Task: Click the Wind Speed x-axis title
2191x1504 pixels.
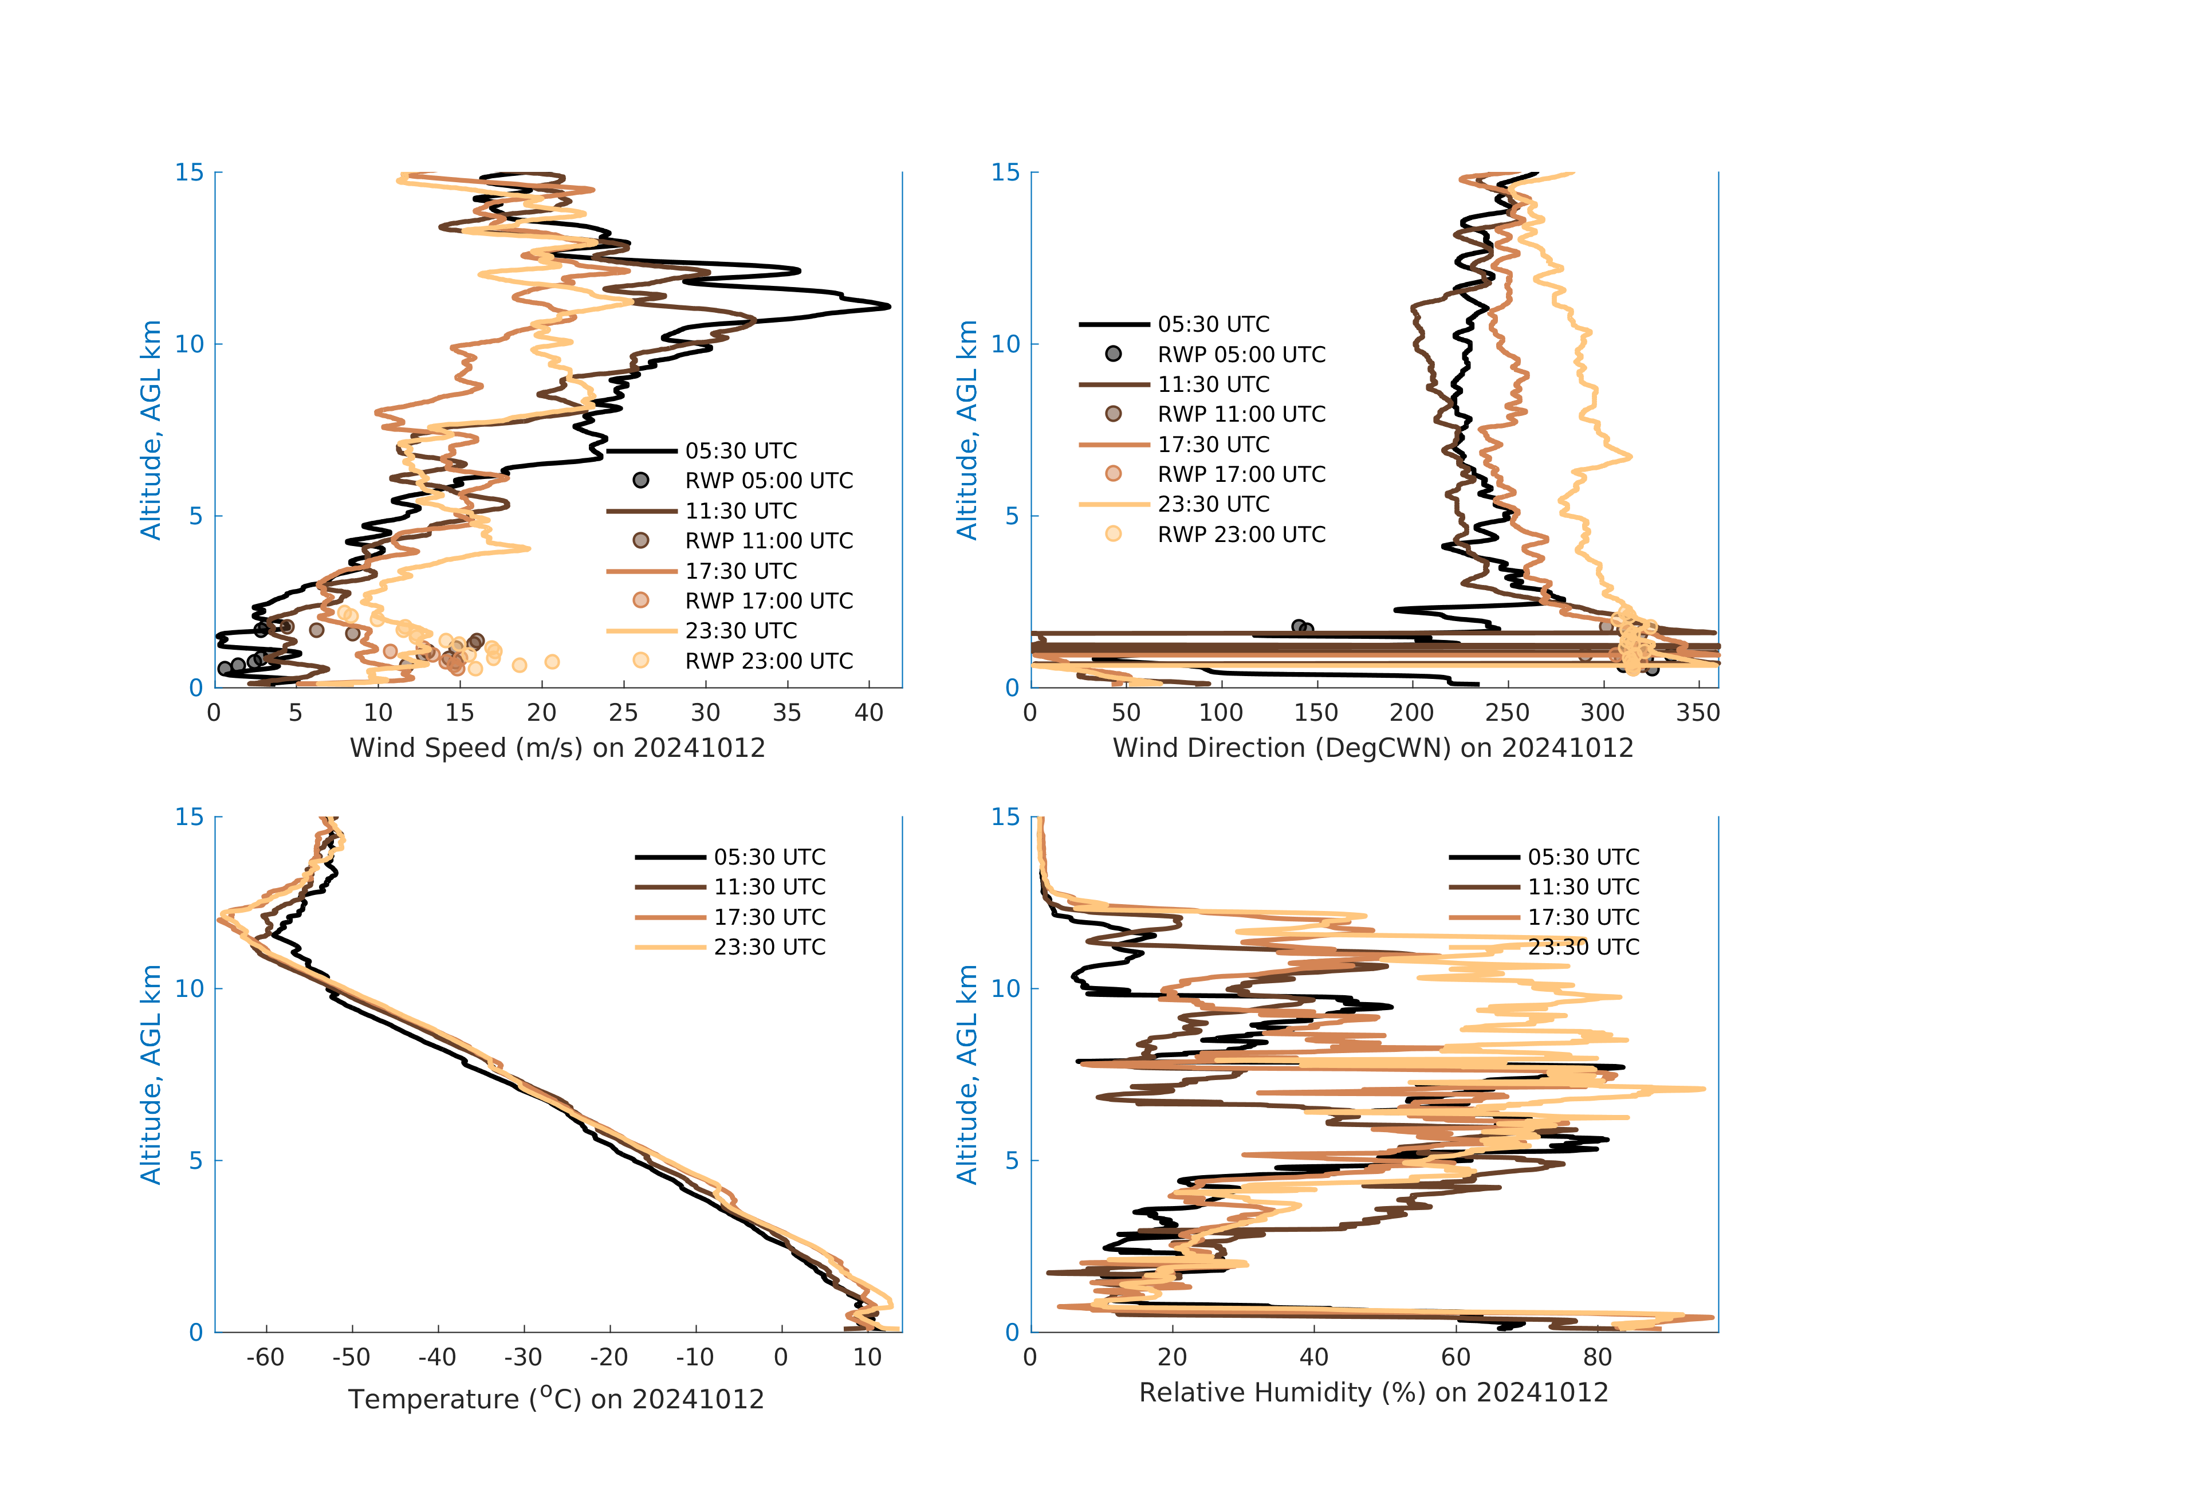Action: click(557, 748)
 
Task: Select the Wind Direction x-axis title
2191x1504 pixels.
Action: click(1372, 748)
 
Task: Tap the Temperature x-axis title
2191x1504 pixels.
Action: click(556, 1399)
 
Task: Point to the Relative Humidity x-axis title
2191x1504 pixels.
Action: click(1372, 1393)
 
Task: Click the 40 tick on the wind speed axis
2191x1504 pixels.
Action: click(868, 713)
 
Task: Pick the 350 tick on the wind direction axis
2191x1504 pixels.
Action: click(1698, 713)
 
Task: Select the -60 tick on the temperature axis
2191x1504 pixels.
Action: click(266, 1358)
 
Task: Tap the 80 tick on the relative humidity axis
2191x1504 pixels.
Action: click(1597, 1358)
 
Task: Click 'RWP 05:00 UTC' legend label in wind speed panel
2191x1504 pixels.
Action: click(768, 481)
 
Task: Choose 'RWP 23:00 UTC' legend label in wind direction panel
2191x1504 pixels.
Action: click(1241, 535)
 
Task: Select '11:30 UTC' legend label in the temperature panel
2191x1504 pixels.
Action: click(769, 888)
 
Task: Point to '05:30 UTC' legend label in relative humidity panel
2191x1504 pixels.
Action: click(1583, 857)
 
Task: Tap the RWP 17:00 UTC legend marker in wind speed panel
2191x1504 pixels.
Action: click(641, 600)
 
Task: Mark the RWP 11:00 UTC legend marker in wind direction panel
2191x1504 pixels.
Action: click(1114, 414)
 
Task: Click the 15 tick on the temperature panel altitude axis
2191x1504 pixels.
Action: click(190, 816)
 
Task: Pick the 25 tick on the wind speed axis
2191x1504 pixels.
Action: click(623, 713)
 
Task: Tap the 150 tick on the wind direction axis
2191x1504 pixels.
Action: click(1316, 713)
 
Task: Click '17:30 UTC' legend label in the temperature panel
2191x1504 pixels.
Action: click(769, 917)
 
